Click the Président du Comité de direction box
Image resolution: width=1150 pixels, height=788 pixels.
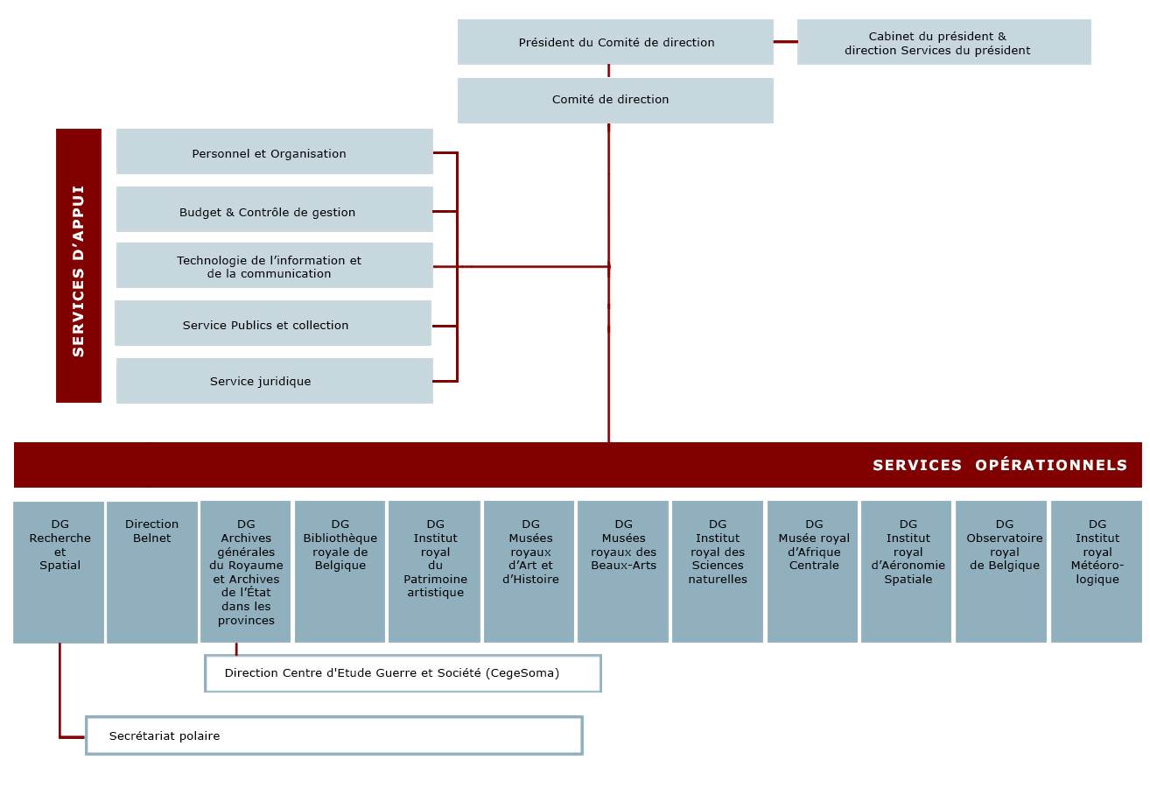pos(615,42)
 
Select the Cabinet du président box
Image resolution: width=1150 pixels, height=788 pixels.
pos(944,42)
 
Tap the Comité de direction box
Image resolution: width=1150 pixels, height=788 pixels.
pos(615,101)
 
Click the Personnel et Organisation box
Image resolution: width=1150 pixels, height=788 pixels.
pos(275,151)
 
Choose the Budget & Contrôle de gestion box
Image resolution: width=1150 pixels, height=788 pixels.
pos(275,209)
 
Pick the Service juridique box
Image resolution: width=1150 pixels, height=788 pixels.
pos(275,381)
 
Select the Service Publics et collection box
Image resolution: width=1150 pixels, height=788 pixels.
pos(273,323)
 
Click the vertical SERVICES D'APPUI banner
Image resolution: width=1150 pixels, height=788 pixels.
pos(79,265)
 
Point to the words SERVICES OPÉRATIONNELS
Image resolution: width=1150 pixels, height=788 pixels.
pos(1000,466)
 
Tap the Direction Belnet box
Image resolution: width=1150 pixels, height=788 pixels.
pos(152,573)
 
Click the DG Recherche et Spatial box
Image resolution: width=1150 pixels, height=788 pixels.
pos(59,573)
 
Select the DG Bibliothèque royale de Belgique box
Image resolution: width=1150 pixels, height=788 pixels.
pos(340,572)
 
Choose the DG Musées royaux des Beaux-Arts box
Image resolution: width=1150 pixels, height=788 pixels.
pos(623,572)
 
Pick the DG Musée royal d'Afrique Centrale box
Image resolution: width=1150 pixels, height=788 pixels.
pos(813,572)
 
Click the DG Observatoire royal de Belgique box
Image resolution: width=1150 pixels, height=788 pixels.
pos(1001,572)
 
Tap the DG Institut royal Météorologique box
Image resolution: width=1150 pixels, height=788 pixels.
pos(1097,572)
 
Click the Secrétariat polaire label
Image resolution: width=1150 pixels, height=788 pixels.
pos(165,736)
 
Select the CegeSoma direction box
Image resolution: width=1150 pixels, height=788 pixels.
pos(403,673)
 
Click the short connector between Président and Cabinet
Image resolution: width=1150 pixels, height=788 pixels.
pos(786,42)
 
